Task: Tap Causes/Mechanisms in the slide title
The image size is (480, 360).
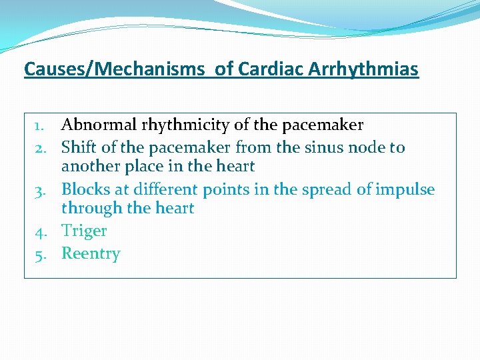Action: (114, 69)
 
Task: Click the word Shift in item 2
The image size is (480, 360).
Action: (77, 147)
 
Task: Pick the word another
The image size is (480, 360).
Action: (90, 166)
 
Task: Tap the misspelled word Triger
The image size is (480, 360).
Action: (84, 231)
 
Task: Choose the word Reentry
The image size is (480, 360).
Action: (91, 254)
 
